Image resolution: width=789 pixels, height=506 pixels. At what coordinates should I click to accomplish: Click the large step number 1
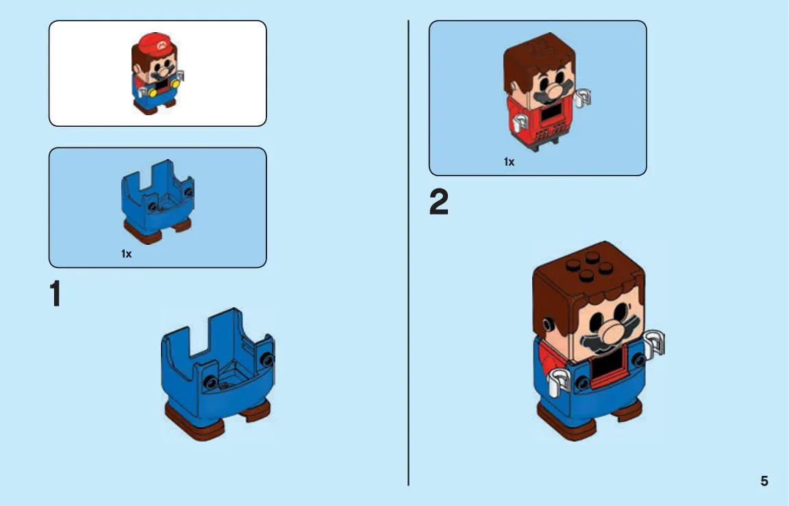coord(55,293)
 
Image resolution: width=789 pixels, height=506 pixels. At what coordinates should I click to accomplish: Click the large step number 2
coord(439,202)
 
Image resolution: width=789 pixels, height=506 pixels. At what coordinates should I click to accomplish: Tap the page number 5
coord(764,481)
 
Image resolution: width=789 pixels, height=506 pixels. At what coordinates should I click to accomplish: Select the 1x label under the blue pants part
coord(126,254)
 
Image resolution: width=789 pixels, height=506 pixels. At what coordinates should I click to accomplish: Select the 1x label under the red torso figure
coord(510,162)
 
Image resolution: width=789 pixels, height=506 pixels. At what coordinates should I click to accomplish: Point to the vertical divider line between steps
coord(409,253)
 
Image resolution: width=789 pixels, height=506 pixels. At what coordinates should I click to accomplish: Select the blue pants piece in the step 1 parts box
coord(158,202)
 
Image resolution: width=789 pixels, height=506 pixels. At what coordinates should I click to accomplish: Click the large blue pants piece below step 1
coord(218,374)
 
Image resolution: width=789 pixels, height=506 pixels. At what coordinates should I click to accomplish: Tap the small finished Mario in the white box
coord(156,73)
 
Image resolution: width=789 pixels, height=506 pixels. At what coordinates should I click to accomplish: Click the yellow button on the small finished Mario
coord(175,84)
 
